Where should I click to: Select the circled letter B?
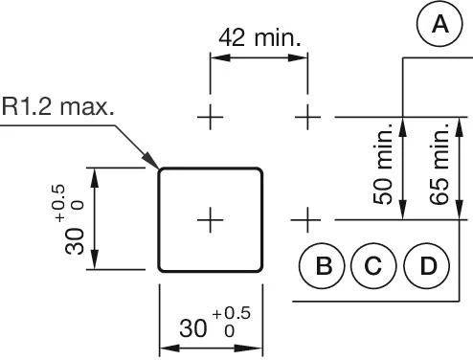[x=325, y=265]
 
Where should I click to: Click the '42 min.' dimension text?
[x=259, y=38]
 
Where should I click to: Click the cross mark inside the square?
[x=210, y=220]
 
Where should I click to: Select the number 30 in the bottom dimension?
[x=194, y=328]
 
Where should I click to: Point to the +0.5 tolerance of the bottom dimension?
[x=231, y=315]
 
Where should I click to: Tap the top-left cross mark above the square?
[x=210, y=118]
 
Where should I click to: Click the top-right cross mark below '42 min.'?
[x=306, y=118]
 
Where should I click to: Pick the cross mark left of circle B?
[x=306, y=220]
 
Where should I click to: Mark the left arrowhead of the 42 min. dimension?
[x=215, y=59]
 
